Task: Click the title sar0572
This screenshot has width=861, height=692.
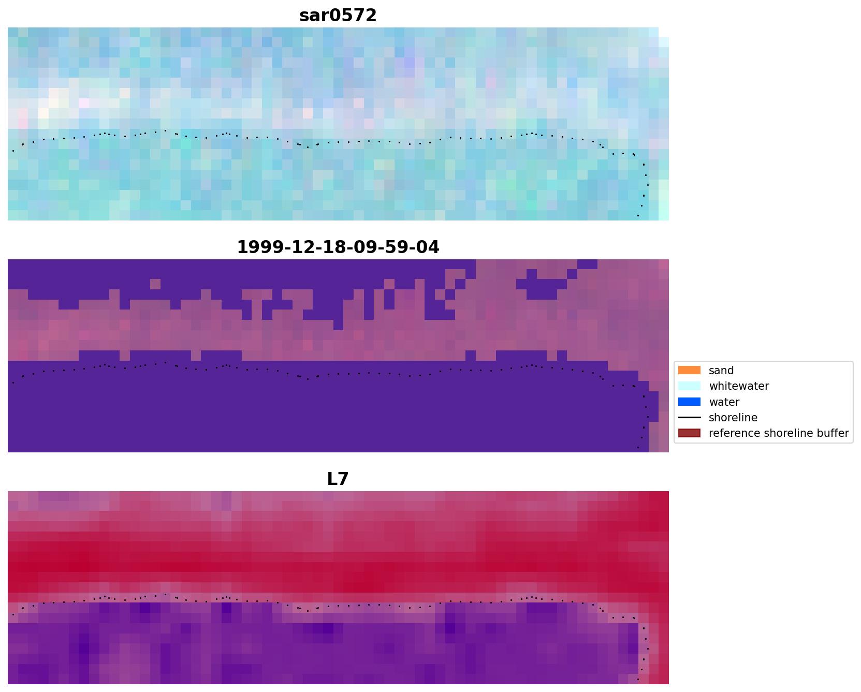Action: (338, 16)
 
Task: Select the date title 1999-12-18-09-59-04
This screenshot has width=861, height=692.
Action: (338, 247)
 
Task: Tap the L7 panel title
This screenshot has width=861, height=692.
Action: (338, 479)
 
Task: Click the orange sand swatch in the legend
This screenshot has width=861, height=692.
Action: (689, 371)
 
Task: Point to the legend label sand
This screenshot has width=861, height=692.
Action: (721, 371)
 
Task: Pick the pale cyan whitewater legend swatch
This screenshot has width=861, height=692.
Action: (689, 386)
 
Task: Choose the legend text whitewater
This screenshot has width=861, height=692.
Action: (738, 386)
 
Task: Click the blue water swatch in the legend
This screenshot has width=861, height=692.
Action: (689, 402)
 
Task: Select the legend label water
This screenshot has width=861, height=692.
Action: (724, 402)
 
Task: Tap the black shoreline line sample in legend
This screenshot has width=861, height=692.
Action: (689, 418)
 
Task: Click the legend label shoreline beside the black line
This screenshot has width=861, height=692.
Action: (733, 418)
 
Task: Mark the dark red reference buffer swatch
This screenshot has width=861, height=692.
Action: (689, 433)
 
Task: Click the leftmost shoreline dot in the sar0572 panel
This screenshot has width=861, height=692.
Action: (13, 151)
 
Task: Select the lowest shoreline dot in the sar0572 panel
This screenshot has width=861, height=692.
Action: (638, 215)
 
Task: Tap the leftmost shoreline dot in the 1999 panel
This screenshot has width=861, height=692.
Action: (13, 383)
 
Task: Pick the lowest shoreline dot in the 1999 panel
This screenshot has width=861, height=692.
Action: (638, 447)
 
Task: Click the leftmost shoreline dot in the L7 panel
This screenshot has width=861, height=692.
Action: (13, 615)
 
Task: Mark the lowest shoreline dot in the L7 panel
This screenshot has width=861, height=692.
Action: (638, 679)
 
